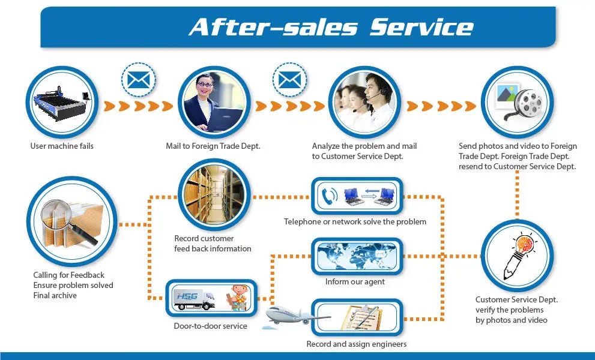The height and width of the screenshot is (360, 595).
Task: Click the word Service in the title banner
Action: pyautogui.click(x=421, y=27)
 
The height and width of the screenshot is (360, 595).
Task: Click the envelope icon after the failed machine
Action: pyautogui.click(x=139, y=80)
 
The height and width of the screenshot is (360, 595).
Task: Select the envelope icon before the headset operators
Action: pyautogui.click(x=289, y=80)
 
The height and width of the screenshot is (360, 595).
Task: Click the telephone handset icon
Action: pyautogui.click(x=328, y=196)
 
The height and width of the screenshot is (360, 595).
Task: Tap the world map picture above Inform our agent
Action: pyautogui.click(x=357, y=256)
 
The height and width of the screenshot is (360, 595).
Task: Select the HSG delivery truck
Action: pyautogui.click(x=193, y=299)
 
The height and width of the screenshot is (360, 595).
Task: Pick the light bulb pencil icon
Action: pyautogui.click(x=518, y=256)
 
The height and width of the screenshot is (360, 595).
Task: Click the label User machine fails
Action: pyautogui.click(x=62, y=146)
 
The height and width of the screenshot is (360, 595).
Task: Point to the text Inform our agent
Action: pyautogui.click(x=355, y=281)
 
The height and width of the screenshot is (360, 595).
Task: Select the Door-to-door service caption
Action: pyautogui.click(x=210, y=326)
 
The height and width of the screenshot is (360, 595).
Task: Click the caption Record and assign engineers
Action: pyautogui.click(x=356, y=344)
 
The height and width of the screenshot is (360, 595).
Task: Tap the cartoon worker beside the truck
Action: pyautogui.click(x=238, y=298)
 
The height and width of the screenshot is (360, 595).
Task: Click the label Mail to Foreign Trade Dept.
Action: pyautogui.click(x=213, y=146)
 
